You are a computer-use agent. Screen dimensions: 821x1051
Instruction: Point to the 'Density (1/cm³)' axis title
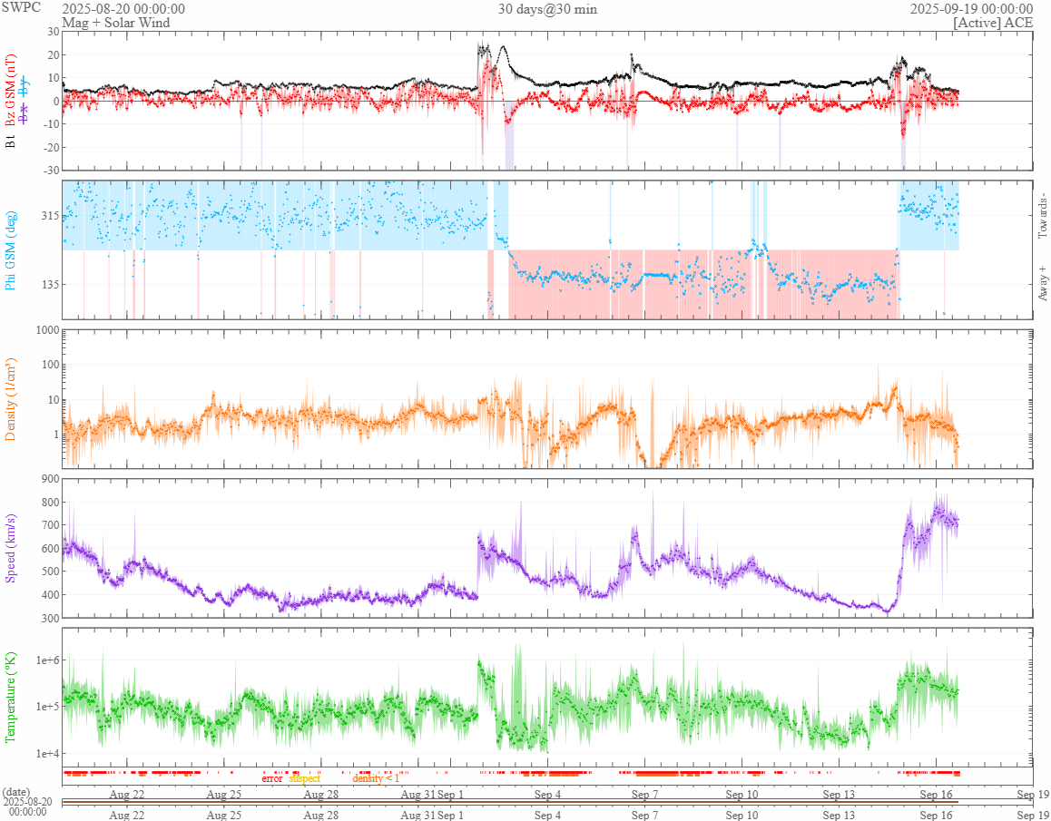(x=12, y=400)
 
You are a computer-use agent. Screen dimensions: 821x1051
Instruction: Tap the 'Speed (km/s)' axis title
(x=12, y=548)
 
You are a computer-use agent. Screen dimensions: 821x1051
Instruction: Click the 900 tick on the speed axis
(x=49, y=479)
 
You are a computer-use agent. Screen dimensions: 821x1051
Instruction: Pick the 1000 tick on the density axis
(x=46, y=330)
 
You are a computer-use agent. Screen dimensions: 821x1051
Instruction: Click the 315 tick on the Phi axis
(x=49, y=216)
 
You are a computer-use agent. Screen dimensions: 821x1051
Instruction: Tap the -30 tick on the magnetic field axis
(x=50, y=170)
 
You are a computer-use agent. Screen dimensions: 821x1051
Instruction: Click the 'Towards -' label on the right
(x=1043, y=217)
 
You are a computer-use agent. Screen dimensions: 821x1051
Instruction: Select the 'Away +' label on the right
(x=1043, y=284)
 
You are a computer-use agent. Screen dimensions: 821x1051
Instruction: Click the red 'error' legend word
(x=272, y=778)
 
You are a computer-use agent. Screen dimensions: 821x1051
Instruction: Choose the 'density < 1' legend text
(x=375, y=778)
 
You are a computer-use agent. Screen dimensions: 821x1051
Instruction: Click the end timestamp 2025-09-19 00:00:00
(x=971, y=9)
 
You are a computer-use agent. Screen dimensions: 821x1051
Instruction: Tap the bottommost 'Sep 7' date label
(x=644, y=815)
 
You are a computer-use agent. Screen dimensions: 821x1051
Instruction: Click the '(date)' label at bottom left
(x=17, y=792)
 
